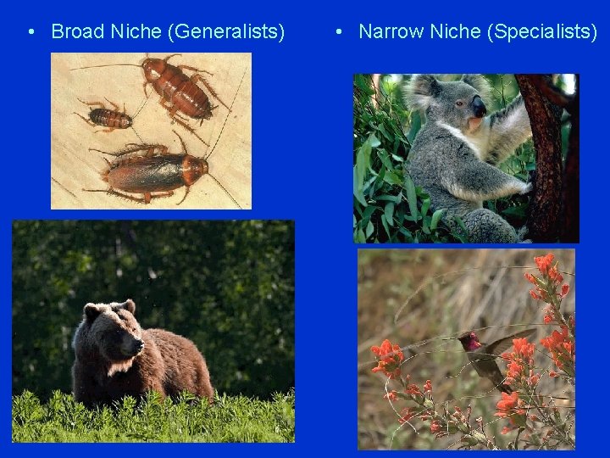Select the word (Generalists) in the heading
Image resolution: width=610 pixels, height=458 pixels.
point(226,32)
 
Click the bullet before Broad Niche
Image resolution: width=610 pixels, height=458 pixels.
point(30,32)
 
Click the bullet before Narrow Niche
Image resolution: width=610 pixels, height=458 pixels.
point(338,32)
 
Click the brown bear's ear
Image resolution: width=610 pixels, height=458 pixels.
point(127,306)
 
